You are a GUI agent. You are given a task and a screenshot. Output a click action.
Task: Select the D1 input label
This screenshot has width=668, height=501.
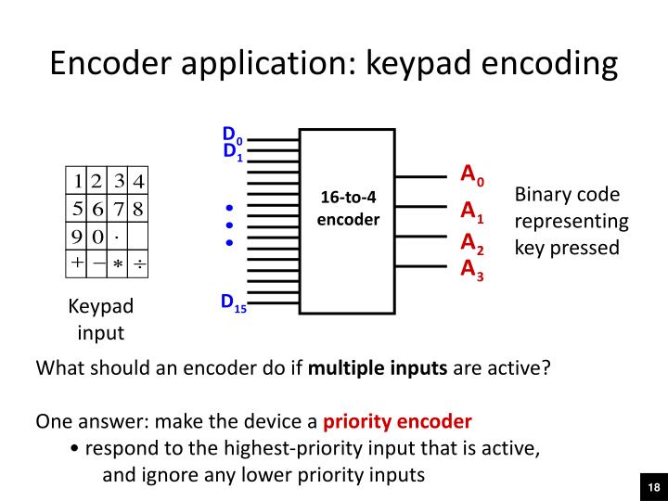[232, 151]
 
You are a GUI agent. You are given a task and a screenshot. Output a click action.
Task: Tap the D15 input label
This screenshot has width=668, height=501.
[233, 302]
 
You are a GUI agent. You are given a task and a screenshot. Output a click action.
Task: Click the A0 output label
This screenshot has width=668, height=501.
[472, 174]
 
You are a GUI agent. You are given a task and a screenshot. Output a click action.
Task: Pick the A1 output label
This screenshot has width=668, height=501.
[472, 212]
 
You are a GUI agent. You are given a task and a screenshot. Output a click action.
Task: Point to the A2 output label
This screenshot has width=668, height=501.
[472, 244]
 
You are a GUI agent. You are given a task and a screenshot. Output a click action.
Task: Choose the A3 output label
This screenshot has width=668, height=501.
[472, 270]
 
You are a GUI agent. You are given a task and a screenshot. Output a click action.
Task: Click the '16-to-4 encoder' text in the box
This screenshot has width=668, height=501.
[348, 209]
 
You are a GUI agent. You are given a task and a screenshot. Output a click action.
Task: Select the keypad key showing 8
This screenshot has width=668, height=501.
[137, 207]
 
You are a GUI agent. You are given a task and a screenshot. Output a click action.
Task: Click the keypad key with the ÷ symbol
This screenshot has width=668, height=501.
[137, 263]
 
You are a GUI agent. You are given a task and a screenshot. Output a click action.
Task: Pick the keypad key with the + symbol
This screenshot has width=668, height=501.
[78, 263]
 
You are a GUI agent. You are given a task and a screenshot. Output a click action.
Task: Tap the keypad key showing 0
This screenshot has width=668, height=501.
[97, 236]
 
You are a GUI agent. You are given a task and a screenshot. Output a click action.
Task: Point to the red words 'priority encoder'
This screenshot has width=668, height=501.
[397, 421]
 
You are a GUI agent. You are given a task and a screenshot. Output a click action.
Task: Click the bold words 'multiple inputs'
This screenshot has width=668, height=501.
[378, 366]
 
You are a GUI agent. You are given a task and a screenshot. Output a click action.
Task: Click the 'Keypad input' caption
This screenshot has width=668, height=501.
[101, 319]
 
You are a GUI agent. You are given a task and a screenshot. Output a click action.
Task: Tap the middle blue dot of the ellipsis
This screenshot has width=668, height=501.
[229, 225]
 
